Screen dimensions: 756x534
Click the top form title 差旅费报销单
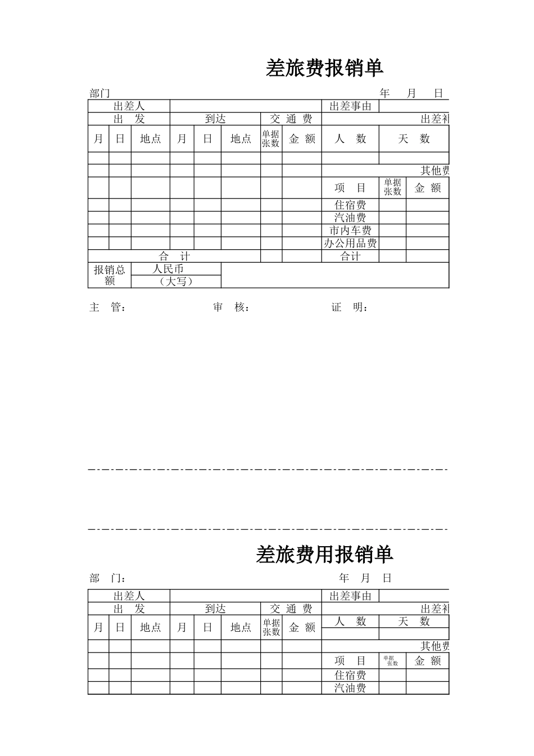324,69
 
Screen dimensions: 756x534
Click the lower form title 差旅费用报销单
324,555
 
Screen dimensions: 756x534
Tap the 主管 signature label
107,307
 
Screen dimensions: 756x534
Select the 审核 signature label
231,307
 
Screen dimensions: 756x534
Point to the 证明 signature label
350,307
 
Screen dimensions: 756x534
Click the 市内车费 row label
350,231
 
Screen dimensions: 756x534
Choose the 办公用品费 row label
350,244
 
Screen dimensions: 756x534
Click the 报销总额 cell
110,275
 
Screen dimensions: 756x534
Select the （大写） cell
176,281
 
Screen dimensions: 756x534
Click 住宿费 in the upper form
350,205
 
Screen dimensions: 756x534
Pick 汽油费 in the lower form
350,688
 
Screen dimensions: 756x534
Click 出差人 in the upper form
129,106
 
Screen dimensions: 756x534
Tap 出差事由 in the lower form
350,596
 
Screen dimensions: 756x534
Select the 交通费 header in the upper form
291,119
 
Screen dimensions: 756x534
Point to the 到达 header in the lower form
215,609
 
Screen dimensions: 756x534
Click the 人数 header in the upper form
350,139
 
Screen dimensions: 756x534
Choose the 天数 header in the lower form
414,621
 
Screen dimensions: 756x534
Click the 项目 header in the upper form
350,188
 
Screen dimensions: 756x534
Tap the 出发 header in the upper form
129,119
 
